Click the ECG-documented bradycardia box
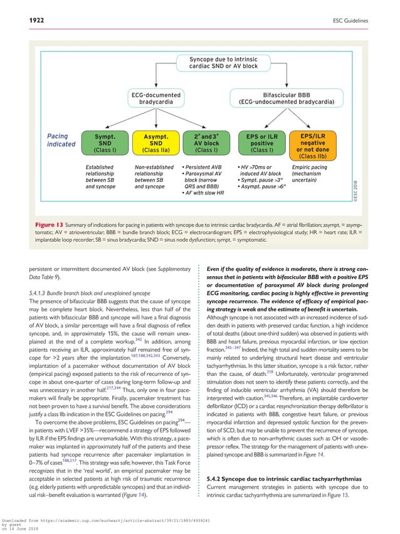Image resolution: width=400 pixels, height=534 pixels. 155,99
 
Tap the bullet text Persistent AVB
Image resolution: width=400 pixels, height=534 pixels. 201,168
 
